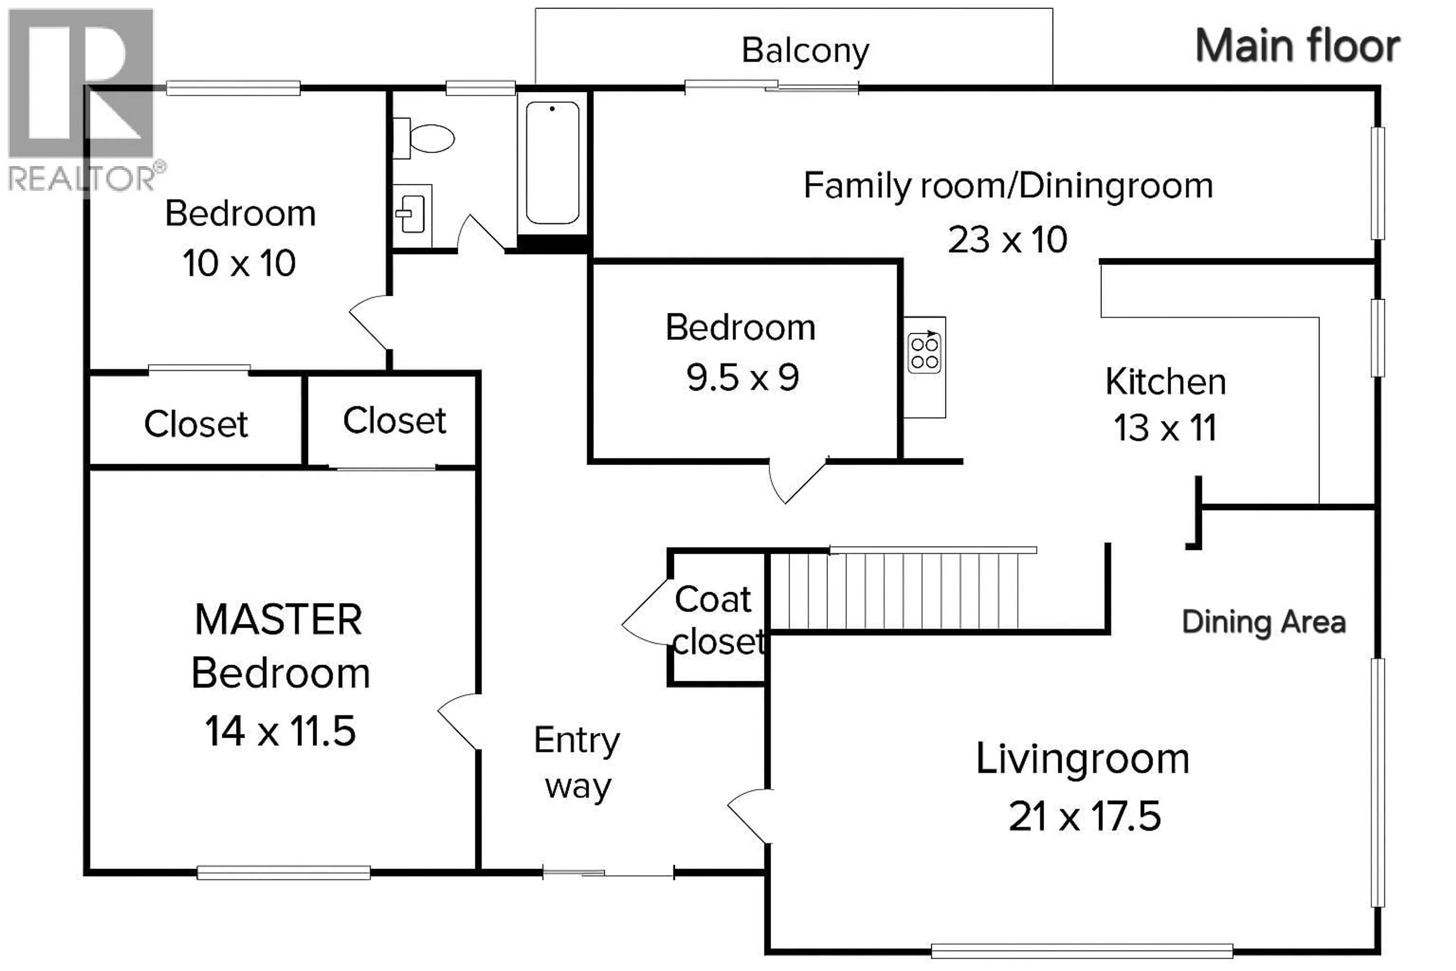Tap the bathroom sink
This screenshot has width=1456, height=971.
click(x=412, y=215)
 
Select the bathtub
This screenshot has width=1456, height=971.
click(x=552, y=163)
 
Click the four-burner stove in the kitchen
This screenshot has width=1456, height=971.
click(x=924, y=353)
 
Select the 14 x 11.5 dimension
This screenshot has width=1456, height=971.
click(x=281, y=731)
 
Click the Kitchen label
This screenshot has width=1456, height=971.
click(x=1166, y=382)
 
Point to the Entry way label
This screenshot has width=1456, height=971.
click(x=577, y=764)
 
